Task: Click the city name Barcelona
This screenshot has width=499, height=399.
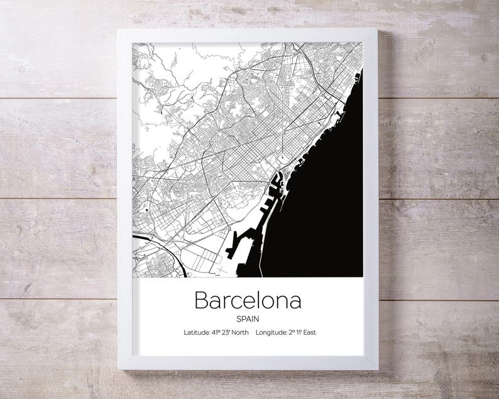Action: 248,300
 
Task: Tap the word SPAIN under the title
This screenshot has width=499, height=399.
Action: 248,318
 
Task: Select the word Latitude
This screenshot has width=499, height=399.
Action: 197,332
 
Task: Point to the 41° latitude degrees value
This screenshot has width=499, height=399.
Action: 217,332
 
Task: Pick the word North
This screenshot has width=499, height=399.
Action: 241,332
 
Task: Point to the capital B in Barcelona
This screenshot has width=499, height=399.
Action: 201,300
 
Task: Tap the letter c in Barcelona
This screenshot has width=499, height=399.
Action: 239,301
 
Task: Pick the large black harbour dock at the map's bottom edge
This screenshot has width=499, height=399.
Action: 242,252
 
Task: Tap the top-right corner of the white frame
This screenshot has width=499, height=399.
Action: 377,29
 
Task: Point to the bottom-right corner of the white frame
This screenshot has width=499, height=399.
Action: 378,369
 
